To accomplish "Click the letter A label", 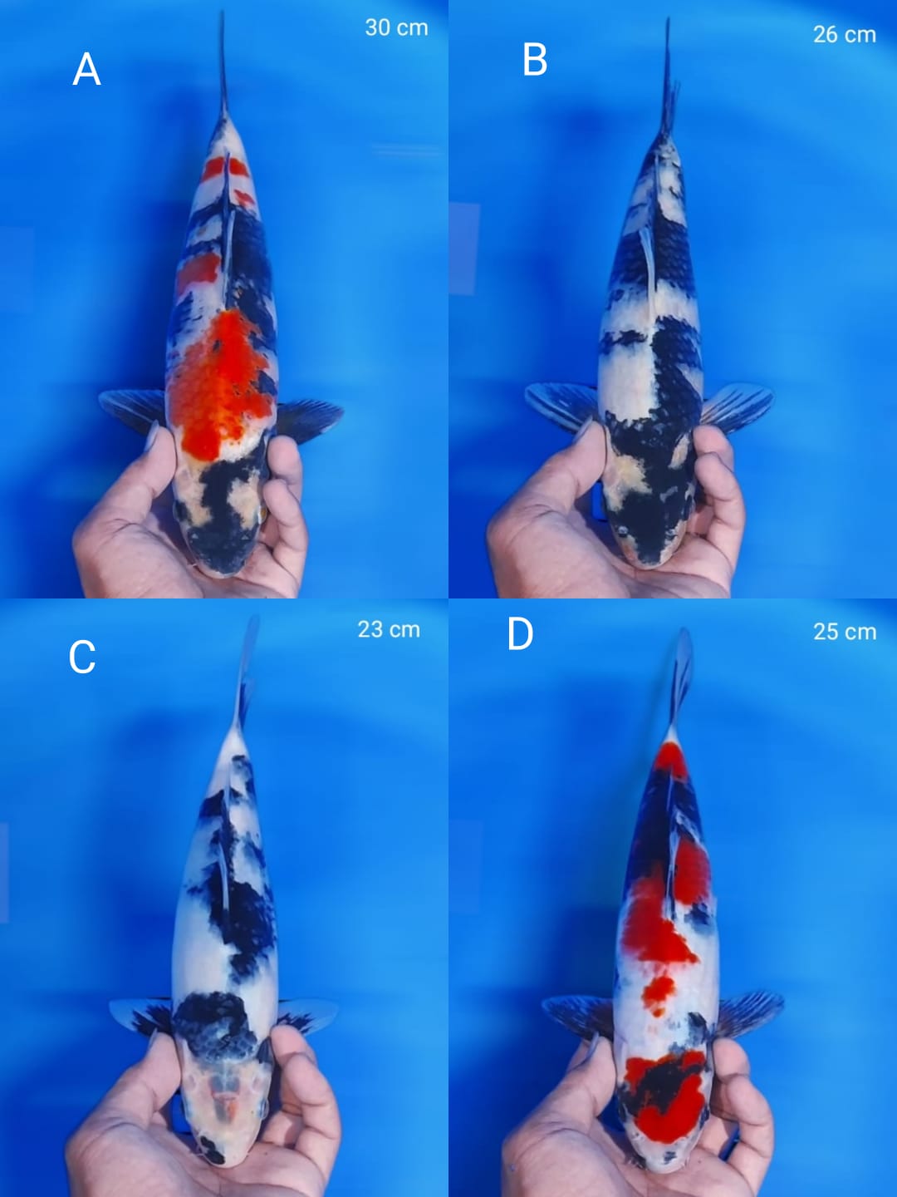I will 86,69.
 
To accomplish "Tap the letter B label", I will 535,60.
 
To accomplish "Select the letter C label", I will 82,657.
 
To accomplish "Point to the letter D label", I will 520,634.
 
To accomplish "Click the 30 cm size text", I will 396,27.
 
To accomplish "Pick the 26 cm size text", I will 844,34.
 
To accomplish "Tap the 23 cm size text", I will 389,629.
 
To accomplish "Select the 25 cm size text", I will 844,632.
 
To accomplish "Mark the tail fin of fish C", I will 247,665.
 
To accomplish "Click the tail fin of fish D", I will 682,673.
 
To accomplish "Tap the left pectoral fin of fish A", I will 133,407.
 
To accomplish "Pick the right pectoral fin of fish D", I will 749,1010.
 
